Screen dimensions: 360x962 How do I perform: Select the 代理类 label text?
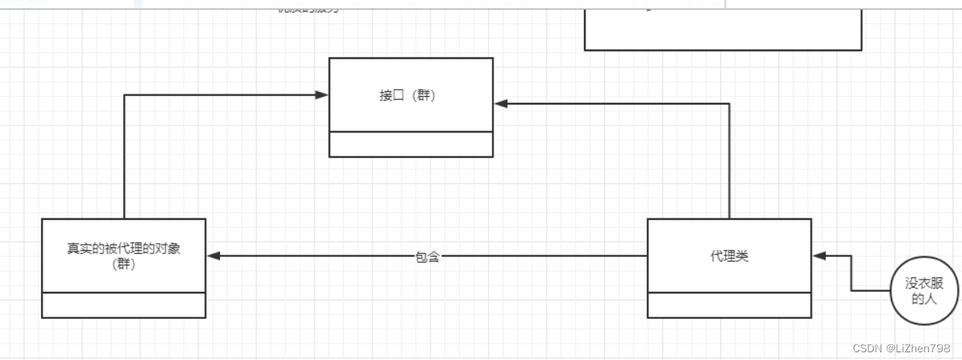[x=729, y=256]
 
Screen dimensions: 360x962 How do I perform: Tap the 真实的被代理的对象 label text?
[x=123, y=249]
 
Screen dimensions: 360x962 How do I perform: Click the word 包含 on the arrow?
[x=428, y=257]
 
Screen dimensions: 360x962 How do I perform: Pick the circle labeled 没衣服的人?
[x=924, y=290]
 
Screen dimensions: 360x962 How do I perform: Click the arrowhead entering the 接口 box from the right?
[x=501, y=104]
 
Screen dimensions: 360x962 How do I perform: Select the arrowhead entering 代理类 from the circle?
[x=819, y=256]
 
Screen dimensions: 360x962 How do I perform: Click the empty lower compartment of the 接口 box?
[x=411, y=144]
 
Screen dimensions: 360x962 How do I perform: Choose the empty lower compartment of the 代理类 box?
[x=729, y=305]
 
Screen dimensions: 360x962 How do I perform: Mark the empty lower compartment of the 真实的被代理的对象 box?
[x=123, y=305]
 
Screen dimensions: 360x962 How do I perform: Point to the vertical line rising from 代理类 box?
[x=730, y=163]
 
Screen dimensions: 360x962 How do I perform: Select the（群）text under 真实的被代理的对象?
[x=123, y=265]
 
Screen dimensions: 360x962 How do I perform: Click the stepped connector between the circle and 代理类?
[x=851, y=275]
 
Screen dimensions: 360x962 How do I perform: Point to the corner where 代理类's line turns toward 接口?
[x=730, y=104]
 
